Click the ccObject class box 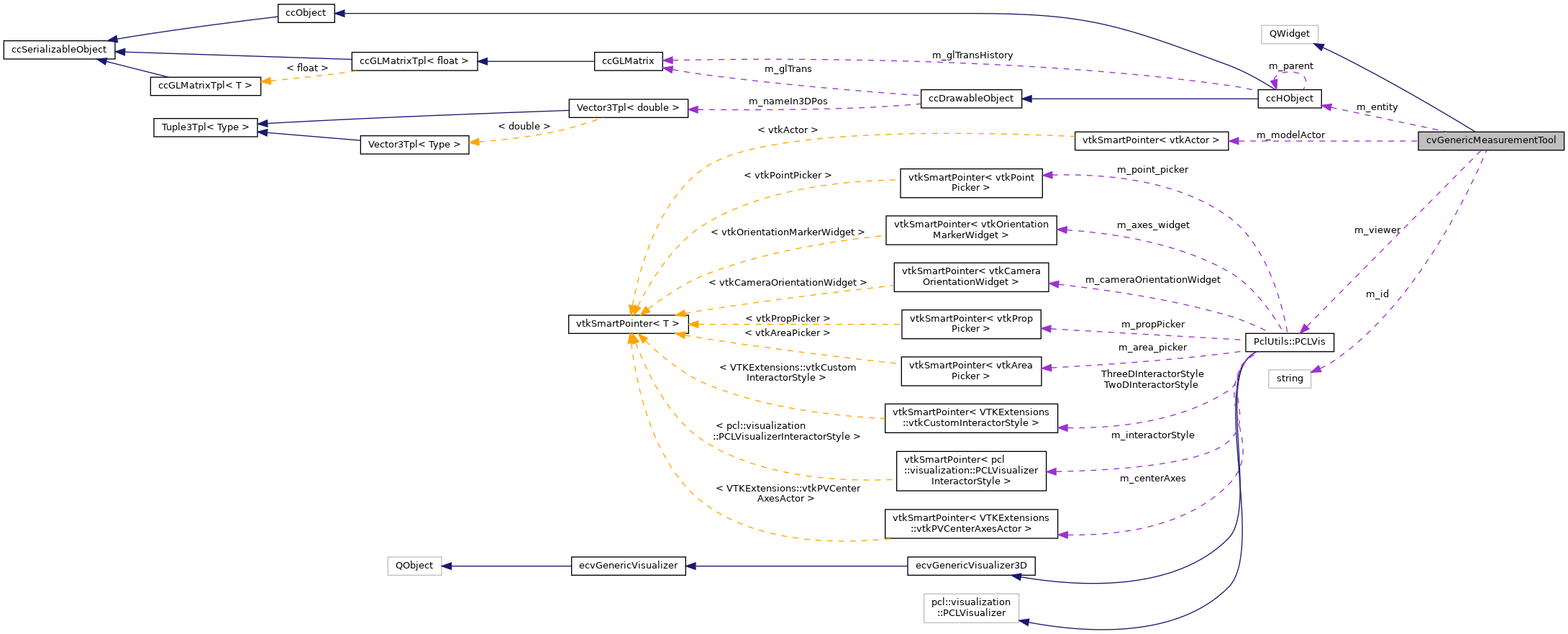(x=306, y=13)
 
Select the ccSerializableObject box (x=59, y=50)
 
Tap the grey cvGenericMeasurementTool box (x=1490, y=140)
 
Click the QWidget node (x=1289, y=34)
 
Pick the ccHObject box (x=1289, y=99)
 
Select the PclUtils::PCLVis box (x=1289, y=342)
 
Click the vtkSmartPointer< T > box (x=627, y=324)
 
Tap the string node (x=1289, y=379)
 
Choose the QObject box (x=414, y=566)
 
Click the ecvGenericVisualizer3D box (x=971, y=566)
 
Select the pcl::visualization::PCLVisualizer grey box (x=971, y=607)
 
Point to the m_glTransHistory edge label (x=972, y=55)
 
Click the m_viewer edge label (x=1377, y=230)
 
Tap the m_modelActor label (x=1290, y=135)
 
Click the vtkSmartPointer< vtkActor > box (x=1150, y=140)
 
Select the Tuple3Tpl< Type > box (x=205, y=127)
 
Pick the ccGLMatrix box (x=628, y=61)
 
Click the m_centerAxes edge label (x=1152, y=479)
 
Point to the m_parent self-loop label (x=1290, y=66)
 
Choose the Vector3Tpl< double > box (x=627, y=108)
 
